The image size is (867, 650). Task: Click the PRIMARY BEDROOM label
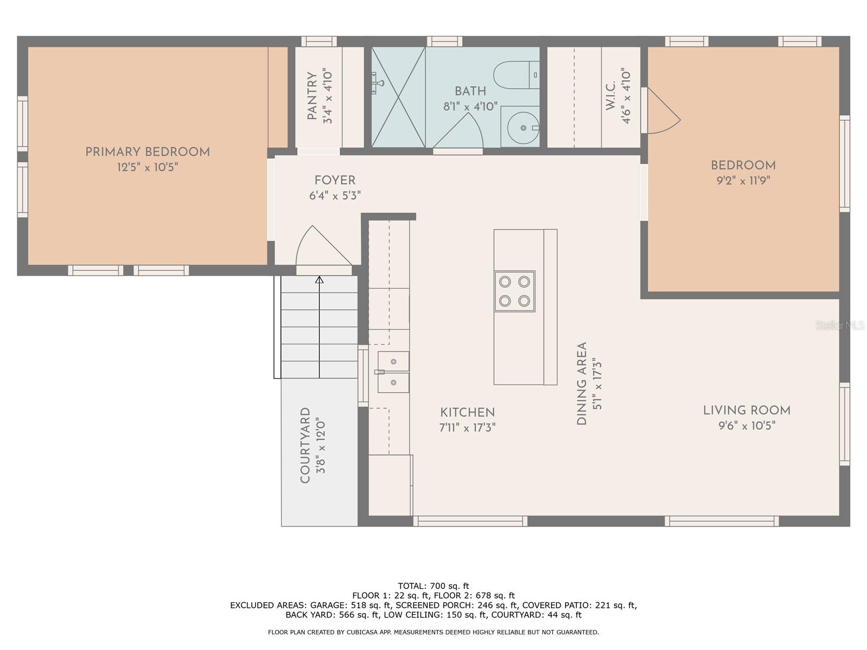tap(147, 152)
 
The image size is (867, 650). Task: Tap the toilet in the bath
tap(515, 75)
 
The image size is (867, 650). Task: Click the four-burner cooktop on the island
tap(514, 291)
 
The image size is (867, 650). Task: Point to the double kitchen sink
tap(393, 372)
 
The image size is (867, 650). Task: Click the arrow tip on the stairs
tap(319, 279)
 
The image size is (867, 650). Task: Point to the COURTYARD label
tap(305, 445)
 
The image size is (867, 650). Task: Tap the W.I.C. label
tap(610, 96)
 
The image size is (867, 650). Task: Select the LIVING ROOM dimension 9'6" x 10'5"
tap(747, 426)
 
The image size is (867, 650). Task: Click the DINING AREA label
tap(582, 383)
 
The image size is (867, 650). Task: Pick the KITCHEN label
tap(467, 413)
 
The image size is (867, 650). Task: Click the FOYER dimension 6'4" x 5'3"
tap(335, 196)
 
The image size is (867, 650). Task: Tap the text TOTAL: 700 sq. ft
tap(433, 586)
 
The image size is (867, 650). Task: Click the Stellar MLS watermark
tap(840, 326)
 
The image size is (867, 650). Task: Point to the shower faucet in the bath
tap(378, 83)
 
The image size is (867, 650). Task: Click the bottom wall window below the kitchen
tap(470, 521)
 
